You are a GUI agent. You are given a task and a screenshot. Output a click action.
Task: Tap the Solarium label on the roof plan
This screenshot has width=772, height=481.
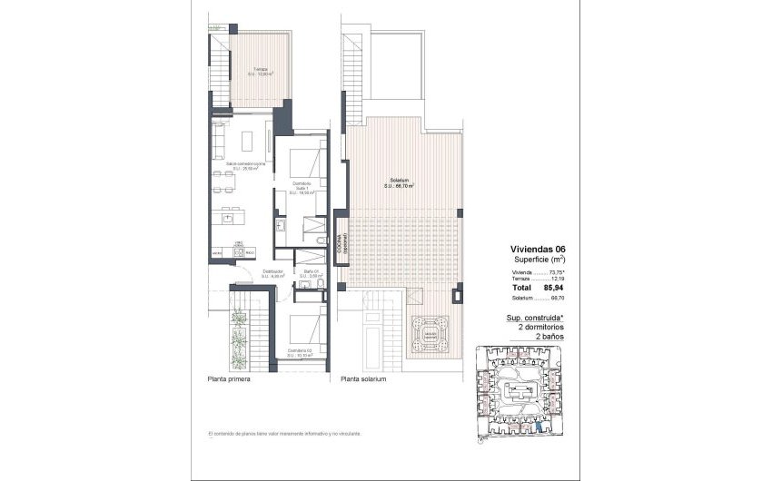click(x=401, y=184)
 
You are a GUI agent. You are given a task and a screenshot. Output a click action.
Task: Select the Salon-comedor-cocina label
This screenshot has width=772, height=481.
click(x=232, y=166)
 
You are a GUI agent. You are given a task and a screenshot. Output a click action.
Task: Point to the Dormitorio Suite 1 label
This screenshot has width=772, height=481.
click(x=302, y=188)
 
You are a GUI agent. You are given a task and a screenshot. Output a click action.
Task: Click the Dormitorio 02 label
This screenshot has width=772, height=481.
click(x=301, y=352)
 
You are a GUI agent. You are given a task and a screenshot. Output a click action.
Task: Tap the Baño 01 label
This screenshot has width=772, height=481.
click(x=310, y=274)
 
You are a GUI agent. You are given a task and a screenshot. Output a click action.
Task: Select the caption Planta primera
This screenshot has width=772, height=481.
click(x=229, y=379)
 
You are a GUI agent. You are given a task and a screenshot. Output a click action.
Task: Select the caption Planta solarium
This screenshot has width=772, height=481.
click(x=363, y=379)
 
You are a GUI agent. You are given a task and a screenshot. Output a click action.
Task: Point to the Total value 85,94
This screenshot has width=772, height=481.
click(x=554, y=288)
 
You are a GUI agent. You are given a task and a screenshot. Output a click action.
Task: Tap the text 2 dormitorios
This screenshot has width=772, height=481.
click(x=540, y=326)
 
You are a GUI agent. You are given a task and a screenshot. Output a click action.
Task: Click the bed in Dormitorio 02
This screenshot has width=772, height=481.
click(x=305, y=326)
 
